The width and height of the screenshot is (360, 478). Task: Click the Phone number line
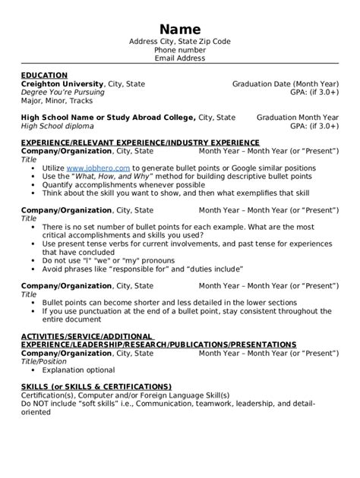coord(180,49)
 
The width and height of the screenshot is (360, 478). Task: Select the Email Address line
coord(180,58)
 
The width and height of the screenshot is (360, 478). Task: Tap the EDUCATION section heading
coord(43,75)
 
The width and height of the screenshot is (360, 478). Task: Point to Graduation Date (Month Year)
coord(285,83)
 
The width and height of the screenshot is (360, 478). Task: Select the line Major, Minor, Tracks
coord(57,100)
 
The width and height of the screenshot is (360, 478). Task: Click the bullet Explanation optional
coord(79,370)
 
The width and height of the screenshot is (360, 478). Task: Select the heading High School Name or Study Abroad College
coord(107,118)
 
